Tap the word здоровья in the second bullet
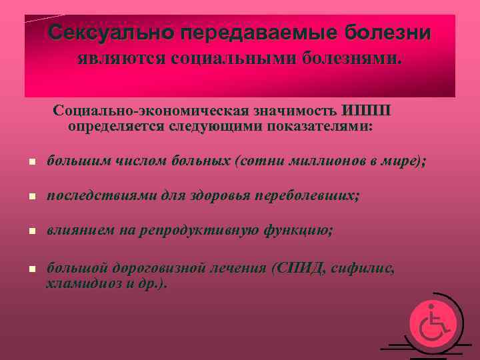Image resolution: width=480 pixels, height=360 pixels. [x=220, y=196]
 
